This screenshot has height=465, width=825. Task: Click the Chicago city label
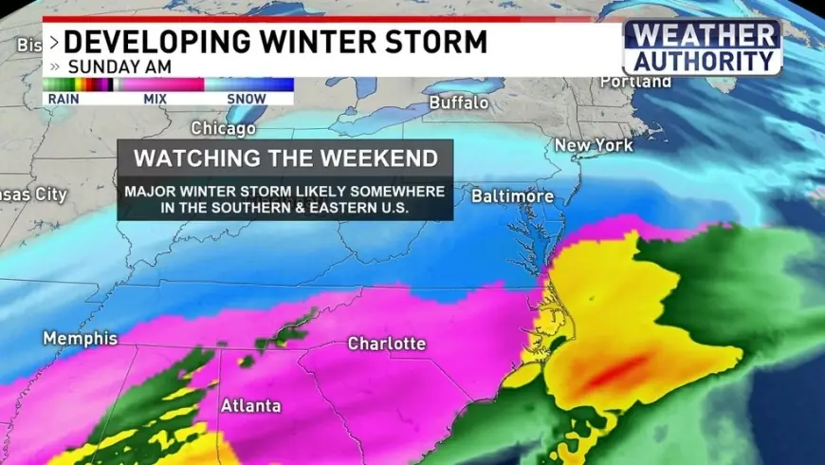click(224, 128)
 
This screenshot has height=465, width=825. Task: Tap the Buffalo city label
click(459, 102)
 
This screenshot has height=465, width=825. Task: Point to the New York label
click(593, 145)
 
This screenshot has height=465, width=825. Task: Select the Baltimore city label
click(512, 196)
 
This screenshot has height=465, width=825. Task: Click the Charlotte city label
click(387, 343)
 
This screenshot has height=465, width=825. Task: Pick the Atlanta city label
click(250, 405)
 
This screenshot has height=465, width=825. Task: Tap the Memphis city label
click(80, 338)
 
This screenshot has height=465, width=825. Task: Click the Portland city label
click(636, 83)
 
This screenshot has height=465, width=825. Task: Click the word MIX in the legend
click(155, 97)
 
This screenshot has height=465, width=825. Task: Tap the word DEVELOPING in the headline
click(165, 43)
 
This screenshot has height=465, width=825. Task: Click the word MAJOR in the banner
click(147, 192)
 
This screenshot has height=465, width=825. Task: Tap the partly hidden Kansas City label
click(33, 194)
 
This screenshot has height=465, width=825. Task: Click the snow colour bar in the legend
click(248, 84)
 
